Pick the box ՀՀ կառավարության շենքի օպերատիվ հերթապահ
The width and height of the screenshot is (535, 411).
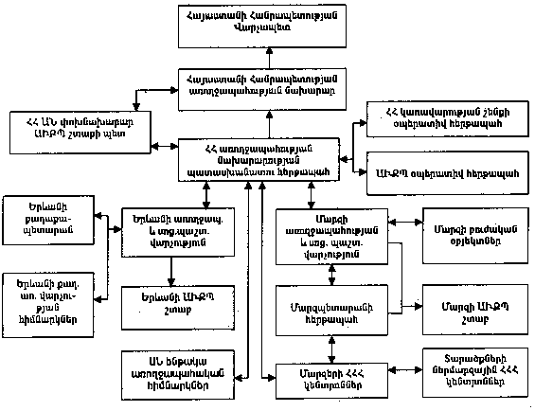(x=443, y=118)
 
